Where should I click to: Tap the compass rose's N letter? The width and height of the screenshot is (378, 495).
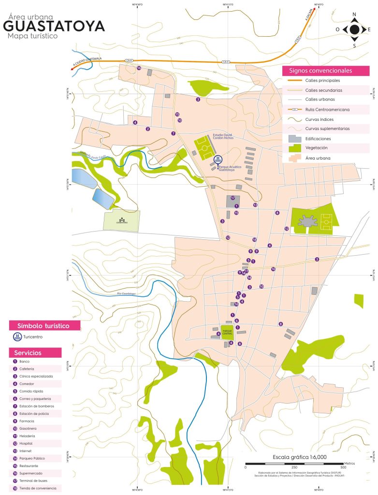pyautogui.click(x=354, y=14)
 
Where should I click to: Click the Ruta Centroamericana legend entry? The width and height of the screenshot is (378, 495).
pyautogui.click(x=327, y=110)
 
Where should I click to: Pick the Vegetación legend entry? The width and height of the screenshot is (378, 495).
pyautogui.click(x=316, y=148)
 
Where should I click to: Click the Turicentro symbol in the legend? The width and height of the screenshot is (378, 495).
pyautogui.click(x=17, y=336)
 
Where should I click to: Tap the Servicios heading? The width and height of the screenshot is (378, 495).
pyautogui.click(x=28, y=353)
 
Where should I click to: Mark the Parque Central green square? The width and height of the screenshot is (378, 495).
pyautogui.click(x=227, y=332)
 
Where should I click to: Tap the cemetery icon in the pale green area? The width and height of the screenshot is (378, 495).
pyautogui.click(x=121, y=220)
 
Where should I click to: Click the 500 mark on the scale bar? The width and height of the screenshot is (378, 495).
pyautogui.click(x=344, y=467)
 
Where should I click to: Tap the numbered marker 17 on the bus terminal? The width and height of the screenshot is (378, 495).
pyautogui.click(x=233, y=198)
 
